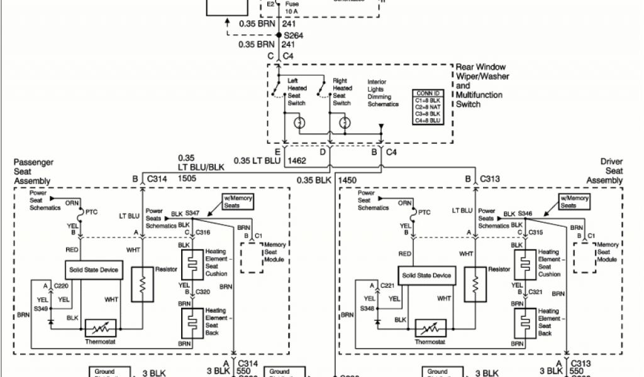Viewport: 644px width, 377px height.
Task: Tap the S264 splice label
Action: (294, 36)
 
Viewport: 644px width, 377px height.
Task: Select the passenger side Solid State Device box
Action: (92, 270)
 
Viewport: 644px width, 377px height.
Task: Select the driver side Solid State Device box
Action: (426, 275)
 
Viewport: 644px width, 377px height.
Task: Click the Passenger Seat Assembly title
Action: (32, 172)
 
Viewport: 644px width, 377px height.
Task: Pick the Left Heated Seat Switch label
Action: (297, 92)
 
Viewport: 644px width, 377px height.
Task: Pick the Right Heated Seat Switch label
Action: (341, 92)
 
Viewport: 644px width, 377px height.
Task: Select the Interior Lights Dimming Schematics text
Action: (383, 93)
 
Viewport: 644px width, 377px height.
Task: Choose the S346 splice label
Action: (525, 214)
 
